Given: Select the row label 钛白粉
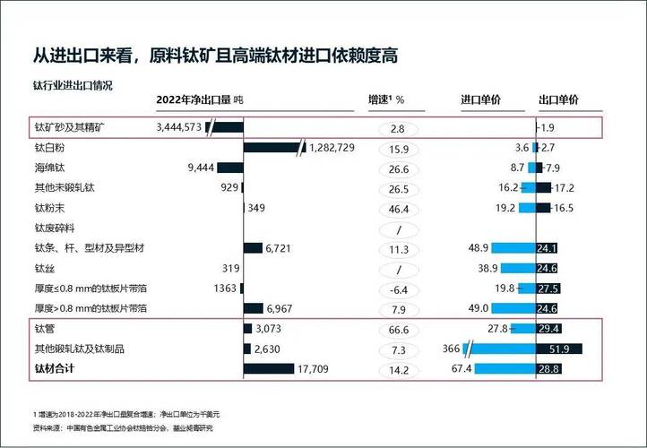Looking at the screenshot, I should click(x=51, y=148).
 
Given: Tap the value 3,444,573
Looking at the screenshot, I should click(x=179, y=128).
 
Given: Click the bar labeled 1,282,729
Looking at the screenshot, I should click(x=273, y=148).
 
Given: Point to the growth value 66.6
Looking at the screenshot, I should click(x=399, y=329).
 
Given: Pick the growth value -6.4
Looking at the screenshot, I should click(x=399, y=289).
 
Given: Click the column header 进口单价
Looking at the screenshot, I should click(x=480, y=99).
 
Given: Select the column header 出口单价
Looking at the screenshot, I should click(x=557, y=99).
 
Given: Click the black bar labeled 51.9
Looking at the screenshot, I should click(x=559, y=349).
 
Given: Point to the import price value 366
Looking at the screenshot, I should click(x=451, y=349).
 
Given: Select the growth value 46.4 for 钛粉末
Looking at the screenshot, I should click(x=399, y=208).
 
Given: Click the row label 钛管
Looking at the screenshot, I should click(x=45, y=329).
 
